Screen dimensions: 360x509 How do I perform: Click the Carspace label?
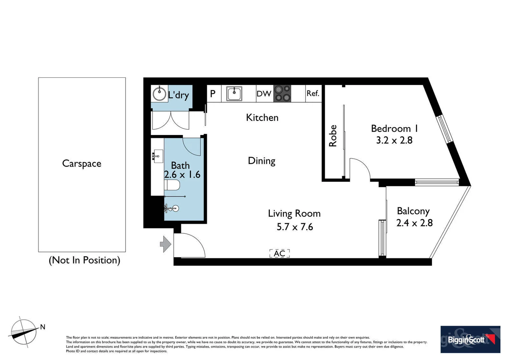(x=82, y=163)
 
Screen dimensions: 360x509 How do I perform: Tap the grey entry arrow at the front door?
(x=166, y=244)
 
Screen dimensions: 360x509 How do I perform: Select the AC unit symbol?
(x=279, y=253)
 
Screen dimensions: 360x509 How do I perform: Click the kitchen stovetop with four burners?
(x=282, y=94)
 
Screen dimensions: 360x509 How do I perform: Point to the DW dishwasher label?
(x=264, y=94)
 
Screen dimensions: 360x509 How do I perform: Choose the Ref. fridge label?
(x=313, y=93)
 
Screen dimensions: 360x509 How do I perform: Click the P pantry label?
(x=213, y=94)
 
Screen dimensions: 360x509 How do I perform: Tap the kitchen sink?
(x=234, y=94)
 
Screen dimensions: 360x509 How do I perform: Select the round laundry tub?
(x=159, y=94)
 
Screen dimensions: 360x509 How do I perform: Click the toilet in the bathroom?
(x=172, y=185)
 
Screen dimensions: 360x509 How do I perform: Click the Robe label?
(x=333, y=136)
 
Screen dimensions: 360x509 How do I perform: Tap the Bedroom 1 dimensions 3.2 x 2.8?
(x=394, y=140)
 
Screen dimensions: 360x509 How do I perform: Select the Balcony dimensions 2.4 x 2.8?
(x=414, y=223)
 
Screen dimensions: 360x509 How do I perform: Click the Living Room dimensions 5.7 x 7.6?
(x=294, y=227)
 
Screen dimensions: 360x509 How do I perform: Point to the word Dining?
(x=261, y=161)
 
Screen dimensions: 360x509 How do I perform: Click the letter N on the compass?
(x=43, y=327)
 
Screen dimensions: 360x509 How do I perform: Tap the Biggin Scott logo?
(x=470, y=339)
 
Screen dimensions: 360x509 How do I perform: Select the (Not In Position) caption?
(x=84, y=260)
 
